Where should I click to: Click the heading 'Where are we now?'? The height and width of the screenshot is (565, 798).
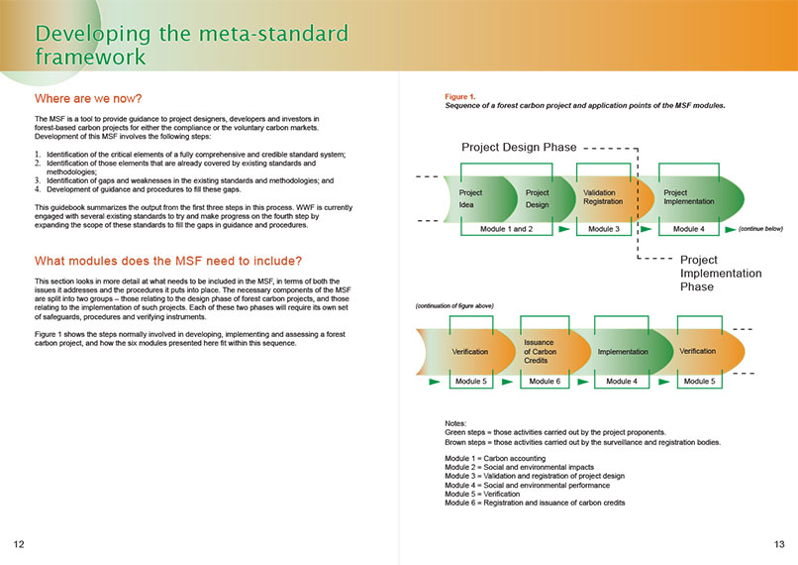88,98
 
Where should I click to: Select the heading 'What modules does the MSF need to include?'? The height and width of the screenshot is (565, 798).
168,261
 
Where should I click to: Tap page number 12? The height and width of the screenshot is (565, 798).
19,544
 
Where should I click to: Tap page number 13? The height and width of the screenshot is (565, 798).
779,544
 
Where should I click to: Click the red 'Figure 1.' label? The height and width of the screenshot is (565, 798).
460,96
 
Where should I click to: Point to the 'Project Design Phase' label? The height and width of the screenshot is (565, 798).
519,148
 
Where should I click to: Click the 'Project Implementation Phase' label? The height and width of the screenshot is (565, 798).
721,273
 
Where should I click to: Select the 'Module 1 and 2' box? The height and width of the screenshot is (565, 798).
506,229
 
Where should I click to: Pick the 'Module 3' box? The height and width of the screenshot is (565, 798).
604,229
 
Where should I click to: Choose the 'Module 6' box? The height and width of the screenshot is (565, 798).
545,381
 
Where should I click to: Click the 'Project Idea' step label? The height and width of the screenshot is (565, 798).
470,198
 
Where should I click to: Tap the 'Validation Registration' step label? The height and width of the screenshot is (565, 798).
603,197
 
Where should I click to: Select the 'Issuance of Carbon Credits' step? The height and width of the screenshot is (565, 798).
540,352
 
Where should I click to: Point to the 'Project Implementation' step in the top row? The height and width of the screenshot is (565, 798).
688,197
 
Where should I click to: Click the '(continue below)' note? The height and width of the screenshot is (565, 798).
760,229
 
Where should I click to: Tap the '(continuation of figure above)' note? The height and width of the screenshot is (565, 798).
454,305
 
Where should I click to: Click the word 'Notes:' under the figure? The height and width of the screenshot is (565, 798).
455,423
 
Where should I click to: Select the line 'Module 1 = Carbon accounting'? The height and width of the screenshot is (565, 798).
495,459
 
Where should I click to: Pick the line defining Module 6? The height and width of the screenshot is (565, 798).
535,503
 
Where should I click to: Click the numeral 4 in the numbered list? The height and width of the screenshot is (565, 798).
38,189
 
